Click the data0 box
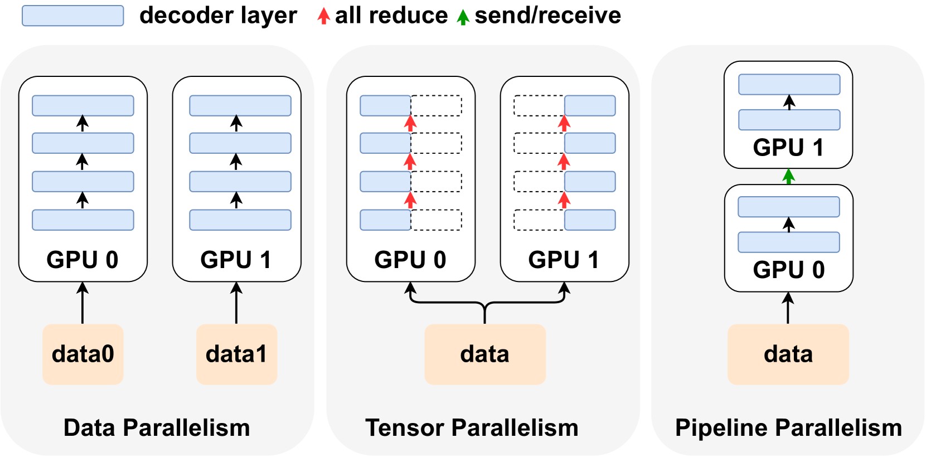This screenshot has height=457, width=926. pyautogui.click(x=83, y=354)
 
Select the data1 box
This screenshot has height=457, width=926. pyautogui.click(x=236, y=354)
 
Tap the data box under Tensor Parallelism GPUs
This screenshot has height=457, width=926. pyautogui.click(x=484, y=354)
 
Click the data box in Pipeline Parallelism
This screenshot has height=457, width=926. pyautogui.click(x=788, y=354)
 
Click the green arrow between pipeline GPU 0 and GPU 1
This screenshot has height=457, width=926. pyautogui.click(x=788, y=177)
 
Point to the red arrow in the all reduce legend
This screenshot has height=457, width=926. pyautogui.click(x=323, y=16)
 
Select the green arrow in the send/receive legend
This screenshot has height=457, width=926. pyautogui.click(x=463, y=17)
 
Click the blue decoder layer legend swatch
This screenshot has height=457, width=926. pyautogui.click(x=72, y=16)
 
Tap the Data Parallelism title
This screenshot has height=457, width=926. pyautogui.click(x=157, y=428)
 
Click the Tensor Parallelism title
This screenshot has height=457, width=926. pyautogui.click(x=472, y=428)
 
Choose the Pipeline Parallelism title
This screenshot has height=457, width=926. pyautogui.click(x=788, y=428)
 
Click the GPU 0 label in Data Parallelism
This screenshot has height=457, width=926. pyautogui.click(x=83, y=260)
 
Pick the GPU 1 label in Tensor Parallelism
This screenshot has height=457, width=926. pyautogui.click(x=564, y=260)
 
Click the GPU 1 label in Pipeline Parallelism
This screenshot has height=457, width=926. pyautogui.click(x=788, y=148)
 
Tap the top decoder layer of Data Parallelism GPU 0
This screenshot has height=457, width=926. pyautogui.click(x=83, y=105)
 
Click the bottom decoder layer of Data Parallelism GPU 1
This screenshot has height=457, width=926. pyautogui.click(x=240, y=220)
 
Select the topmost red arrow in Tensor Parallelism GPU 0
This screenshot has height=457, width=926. pyautogui.click(x=410, y=123)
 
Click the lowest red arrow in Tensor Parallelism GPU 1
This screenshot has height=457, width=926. pyautogui.click(x=564, y=200)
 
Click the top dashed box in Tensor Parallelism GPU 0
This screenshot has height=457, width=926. pyautogui.click(x=437, y=105)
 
